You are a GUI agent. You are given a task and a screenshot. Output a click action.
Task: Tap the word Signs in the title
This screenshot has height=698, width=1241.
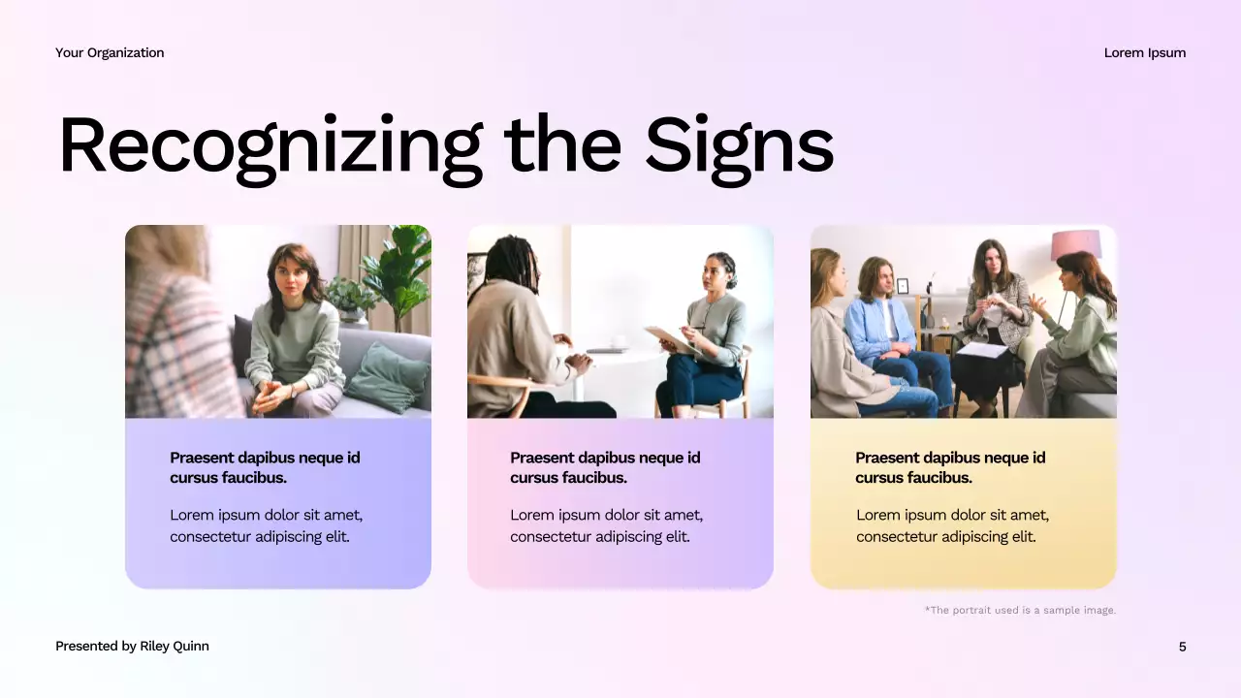pos(739,145)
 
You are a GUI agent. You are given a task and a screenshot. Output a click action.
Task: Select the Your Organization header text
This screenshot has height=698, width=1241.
pos(110,52)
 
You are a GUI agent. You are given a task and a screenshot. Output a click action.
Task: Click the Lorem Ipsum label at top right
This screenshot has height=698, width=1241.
pos(1144,52)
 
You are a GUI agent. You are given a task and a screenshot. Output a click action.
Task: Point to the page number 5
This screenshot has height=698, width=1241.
pos(1182,647)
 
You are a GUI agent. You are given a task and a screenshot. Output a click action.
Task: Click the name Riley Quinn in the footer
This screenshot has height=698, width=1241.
pos(175,647)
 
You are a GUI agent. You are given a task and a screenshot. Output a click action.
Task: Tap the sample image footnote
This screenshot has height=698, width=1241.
pos(1020,610)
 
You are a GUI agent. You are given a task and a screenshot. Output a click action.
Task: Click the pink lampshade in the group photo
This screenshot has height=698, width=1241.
pos(1076,244)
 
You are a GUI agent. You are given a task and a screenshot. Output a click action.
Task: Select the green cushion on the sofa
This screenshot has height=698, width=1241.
pos(388,378)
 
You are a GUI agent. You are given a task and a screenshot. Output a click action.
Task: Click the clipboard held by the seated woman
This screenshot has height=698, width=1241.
pos(671,339)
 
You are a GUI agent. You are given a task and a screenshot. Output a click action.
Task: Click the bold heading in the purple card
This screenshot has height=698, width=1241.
pos(265,467)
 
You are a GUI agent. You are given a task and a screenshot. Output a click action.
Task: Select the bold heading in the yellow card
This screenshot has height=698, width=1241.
pos(950,467)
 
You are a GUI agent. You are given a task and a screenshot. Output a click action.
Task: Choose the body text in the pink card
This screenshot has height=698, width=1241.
pos(606,525)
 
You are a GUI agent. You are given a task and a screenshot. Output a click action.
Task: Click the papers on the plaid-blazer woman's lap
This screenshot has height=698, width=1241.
pos(982,350)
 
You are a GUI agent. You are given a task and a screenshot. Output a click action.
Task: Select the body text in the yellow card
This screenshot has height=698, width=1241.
pos(952,525)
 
